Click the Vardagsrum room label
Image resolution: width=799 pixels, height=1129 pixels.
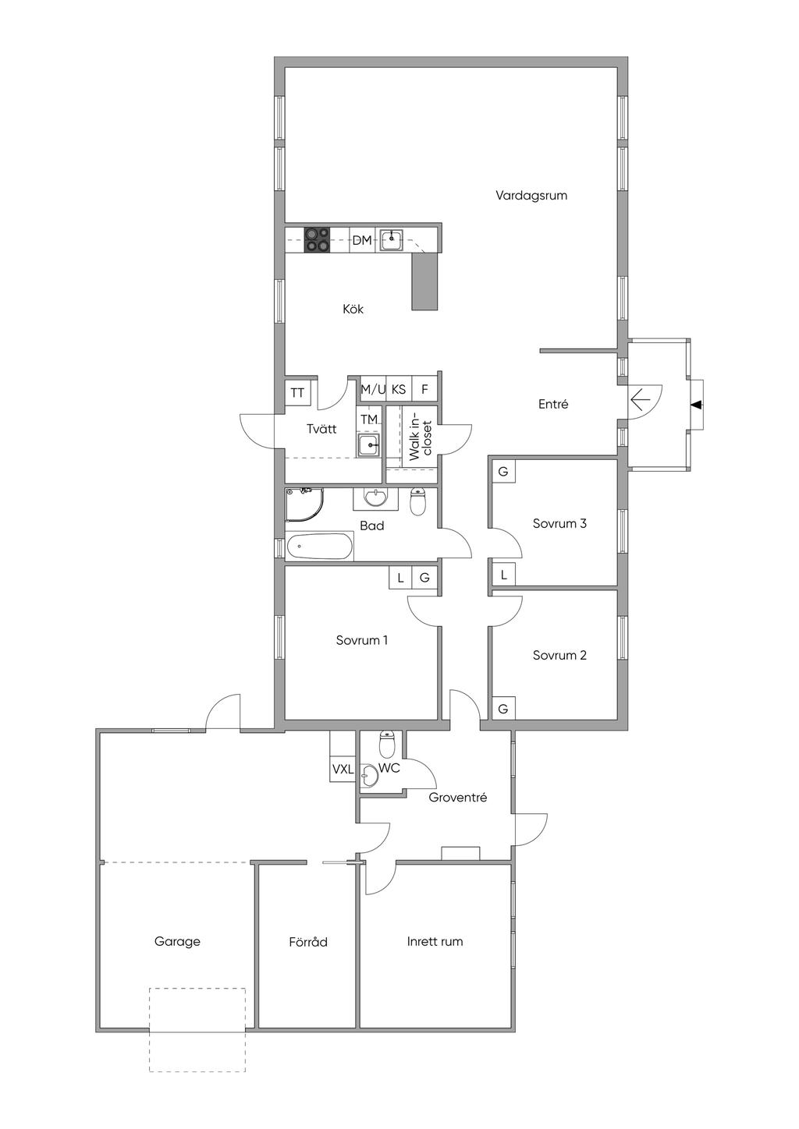click(531, 195)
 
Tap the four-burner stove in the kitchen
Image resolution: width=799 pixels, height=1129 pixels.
click(318, 239)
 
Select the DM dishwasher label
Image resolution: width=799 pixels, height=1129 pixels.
click(362, 240)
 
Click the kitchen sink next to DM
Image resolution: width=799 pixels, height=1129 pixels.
click(392, 239)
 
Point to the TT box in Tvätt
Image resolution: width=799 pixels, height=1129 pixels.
click(297, 393)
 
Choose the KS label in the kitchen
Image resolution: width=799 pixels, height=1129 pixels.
click(399, 389)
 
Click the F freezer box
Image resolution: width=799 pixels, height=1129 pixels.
click(424, 389)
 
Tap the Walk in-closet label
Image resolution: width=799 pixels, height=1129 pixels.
click(421, 437)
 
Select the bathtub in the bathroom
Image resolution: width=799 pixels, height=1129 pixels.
click(319, 546)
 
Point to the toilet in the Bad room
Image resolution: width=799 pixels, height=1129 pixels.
click(418, 501)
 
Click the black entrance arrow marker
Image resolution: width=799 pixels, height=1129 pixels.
click(696, 404)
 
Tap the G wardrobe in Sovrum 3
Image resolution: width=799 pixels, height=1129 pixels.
click(503, 472)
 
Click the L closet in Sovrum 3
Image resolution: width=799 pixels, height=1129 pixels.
click(503, 574)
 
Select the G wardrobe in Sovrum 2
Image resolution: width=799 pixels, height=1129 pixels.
click(503, 709)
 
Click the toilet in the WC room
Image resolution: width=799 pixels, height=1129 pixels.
click(387, 745)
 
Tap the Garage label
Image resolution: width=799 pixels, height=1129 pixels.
click(177, 942)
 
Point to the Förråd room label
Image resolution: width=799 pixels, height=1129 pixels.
click(308, 942)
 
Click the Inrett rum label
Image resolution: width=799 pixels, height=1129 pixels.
click(435, 941)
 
